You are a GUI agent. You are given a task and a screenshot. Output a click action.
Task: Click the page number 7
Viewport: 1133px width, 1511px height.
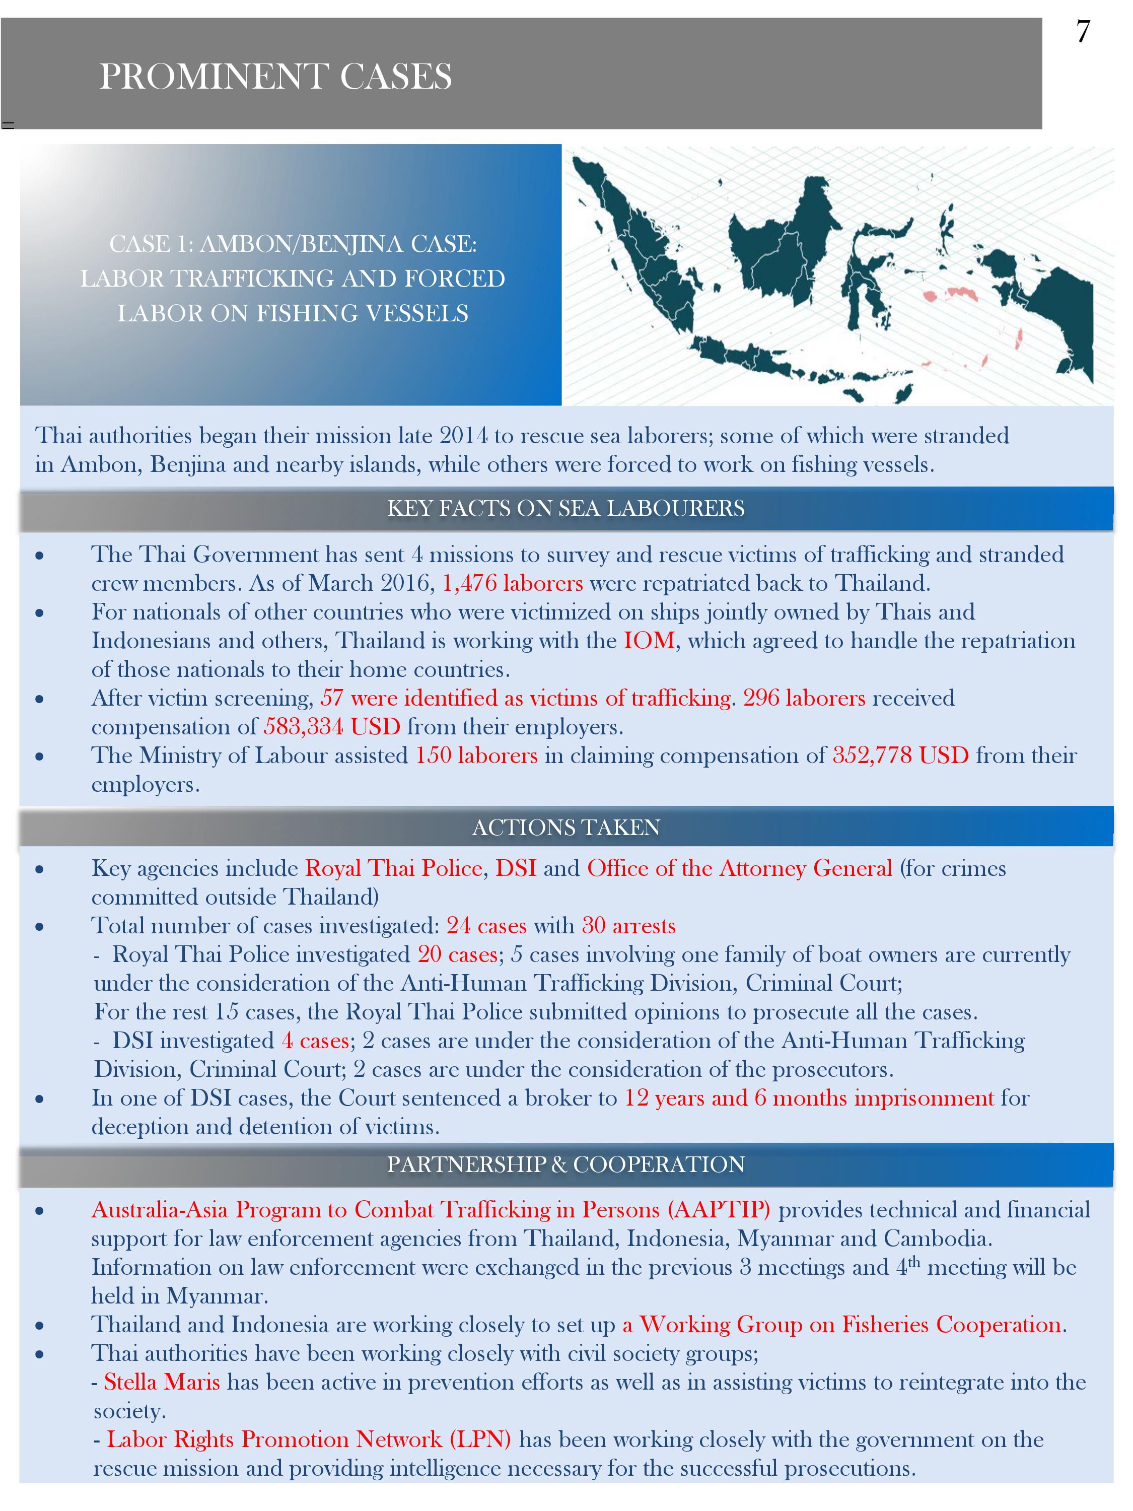[1083, 33]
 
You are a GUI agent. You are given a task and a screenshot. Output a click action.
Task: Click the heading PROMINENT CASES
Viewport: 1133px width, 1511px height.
[275, 76]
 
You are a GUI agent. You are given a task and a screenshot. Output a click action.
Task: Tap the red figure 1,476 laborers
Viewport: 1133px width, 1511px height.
[512, 583]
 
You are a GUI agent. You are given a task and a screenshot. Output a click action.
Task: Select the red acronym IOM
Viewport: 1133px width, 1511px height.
[649, 640]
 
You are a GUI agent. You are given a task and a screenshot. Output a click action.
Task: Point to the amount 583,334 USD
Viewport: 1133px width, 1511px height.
[332, 726]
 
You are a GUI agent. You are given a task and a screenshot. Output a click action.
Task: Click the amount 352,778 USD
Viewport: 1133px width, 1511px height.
[900, 755]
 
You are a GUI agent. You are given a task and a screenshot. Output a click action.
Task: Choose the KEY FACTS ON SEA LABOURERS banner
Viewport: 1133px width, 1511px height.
[566, 508]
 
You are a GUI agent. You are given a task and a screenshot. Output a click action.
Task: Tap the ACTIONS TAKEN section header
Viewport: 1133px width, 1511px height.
[566, 827]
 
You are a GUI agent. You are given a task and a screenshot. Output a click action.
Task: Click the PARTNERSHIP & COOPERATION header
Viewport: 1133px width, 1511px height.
[566, 1164]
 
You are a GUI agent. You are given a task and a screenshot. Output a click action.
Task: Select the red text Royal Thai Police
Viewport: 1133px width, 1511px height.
[394, 868]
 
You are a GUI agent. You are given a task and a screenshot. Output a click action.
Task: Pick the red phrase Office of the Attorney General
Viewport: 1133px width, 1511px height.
[740, 868]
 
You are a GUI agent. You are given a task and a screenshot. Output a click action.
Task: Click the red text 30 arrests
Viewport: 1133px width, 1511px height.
[628, 926]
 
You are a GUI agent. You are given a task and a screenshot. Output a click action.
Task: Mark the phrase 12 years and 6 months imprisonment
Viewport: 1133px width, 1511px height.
[809, 1097]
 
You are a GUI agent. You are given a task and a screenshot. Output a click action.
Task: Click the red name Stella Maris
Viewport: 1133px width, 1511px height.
[162, 1382]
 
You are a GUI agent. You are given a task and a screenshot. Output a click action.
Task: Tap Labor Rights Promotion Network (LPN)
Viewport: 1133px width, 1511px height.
[309, 1439]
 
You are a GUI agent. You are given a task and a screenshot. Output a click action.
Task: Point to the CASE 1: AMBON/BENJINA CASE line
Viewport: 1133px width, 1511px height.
[293, 244]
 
